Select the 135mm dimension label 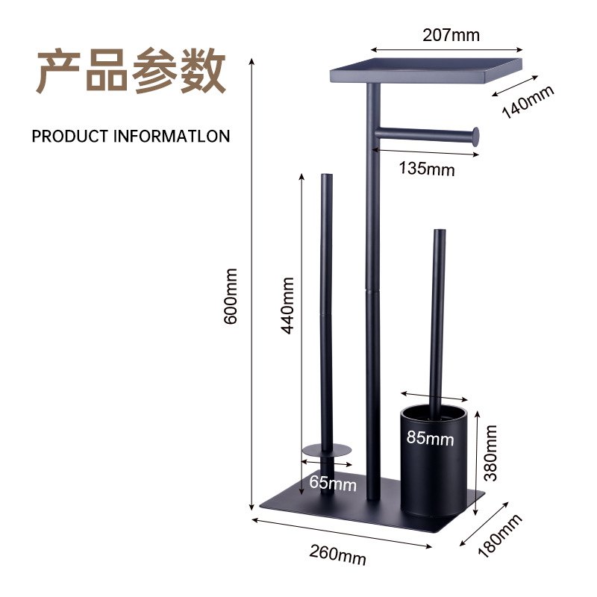point(426,168)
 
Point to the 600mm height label point(231,296)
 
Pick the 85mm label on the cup point(430,438)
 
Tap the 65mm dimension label point(333,483)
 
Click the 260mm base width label point(338,555)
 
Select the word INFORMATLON point(172,137)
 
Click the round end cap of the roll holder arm point(474,136)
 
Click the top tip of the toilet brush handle point(438,234)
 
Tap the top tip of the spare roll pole point(327,177)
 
